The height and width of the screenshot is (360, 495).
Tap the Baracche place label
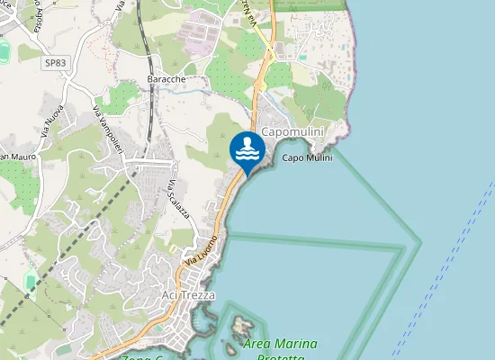click(x=166, y=79)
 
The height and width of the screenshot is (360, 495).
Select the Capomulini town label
click(x=291, y=131)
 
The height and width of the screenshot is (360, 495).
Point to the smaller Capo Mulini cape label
click(x=307, y=158)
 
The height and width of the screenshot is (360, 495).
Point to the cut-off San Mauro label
click(x=13, y=158)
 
